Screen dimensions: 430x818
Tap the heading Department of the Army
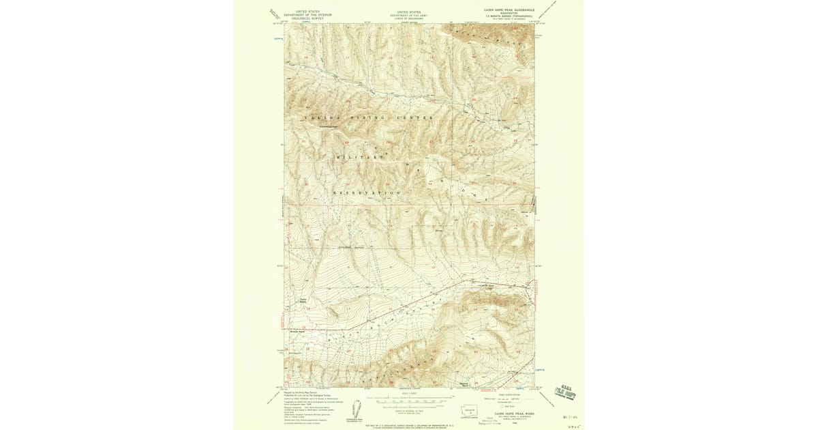pos(409,14)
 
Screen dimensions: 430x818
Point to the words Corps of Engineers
pos(409,18)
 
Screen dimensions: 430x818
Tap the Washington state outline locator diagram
pos(470,412)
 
